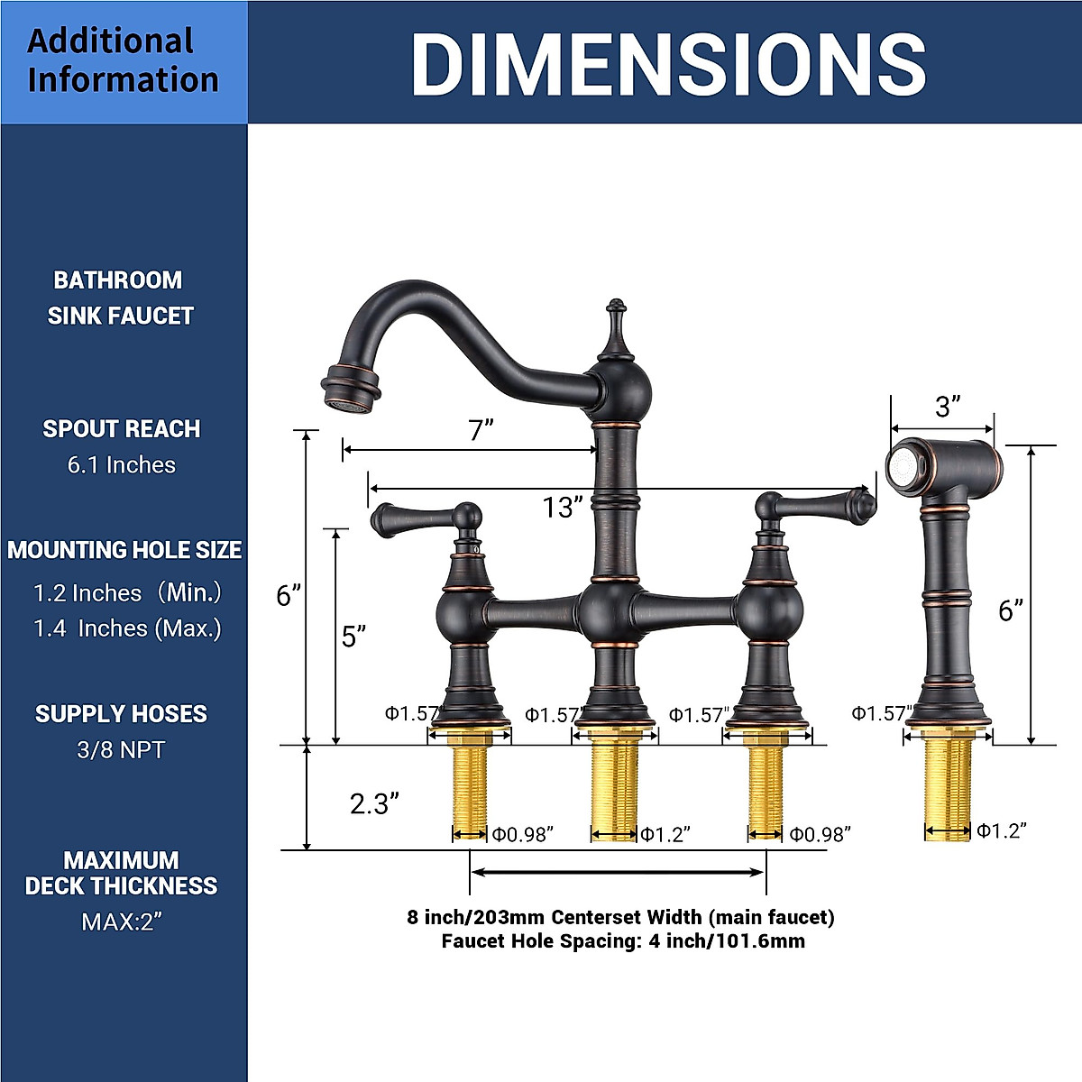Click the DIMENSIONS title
coord(668,63)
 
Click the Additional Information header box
coord(124,62)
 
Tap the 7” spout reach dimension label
coord(481,431)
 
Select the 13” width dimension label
coord(562,507)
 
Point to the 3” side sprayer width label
coord(948,407)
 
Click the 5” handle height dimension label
coord(353,637)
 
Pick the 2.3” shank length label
coord(374,804)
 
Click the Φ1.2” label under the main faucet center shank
coord(665,835)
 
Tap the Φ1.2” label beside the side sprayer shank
coord(1002,830)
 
